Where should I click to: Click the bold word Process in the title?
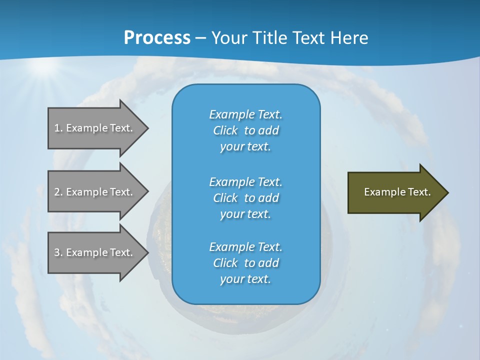[x=157, y=38]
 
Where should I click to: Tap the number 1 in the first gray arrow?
[x=57, y=128]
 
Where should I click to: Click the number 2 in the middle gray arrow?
[x=57, y=192]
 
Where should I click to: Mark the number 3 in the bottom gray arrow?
[x=57, y=252]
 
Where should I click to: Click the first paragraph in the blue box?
[x=246, y=130]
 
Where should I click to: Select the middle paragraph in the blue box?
[x=246, y=198]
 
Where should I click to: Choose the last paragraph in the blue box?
[x=246, y=263]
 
